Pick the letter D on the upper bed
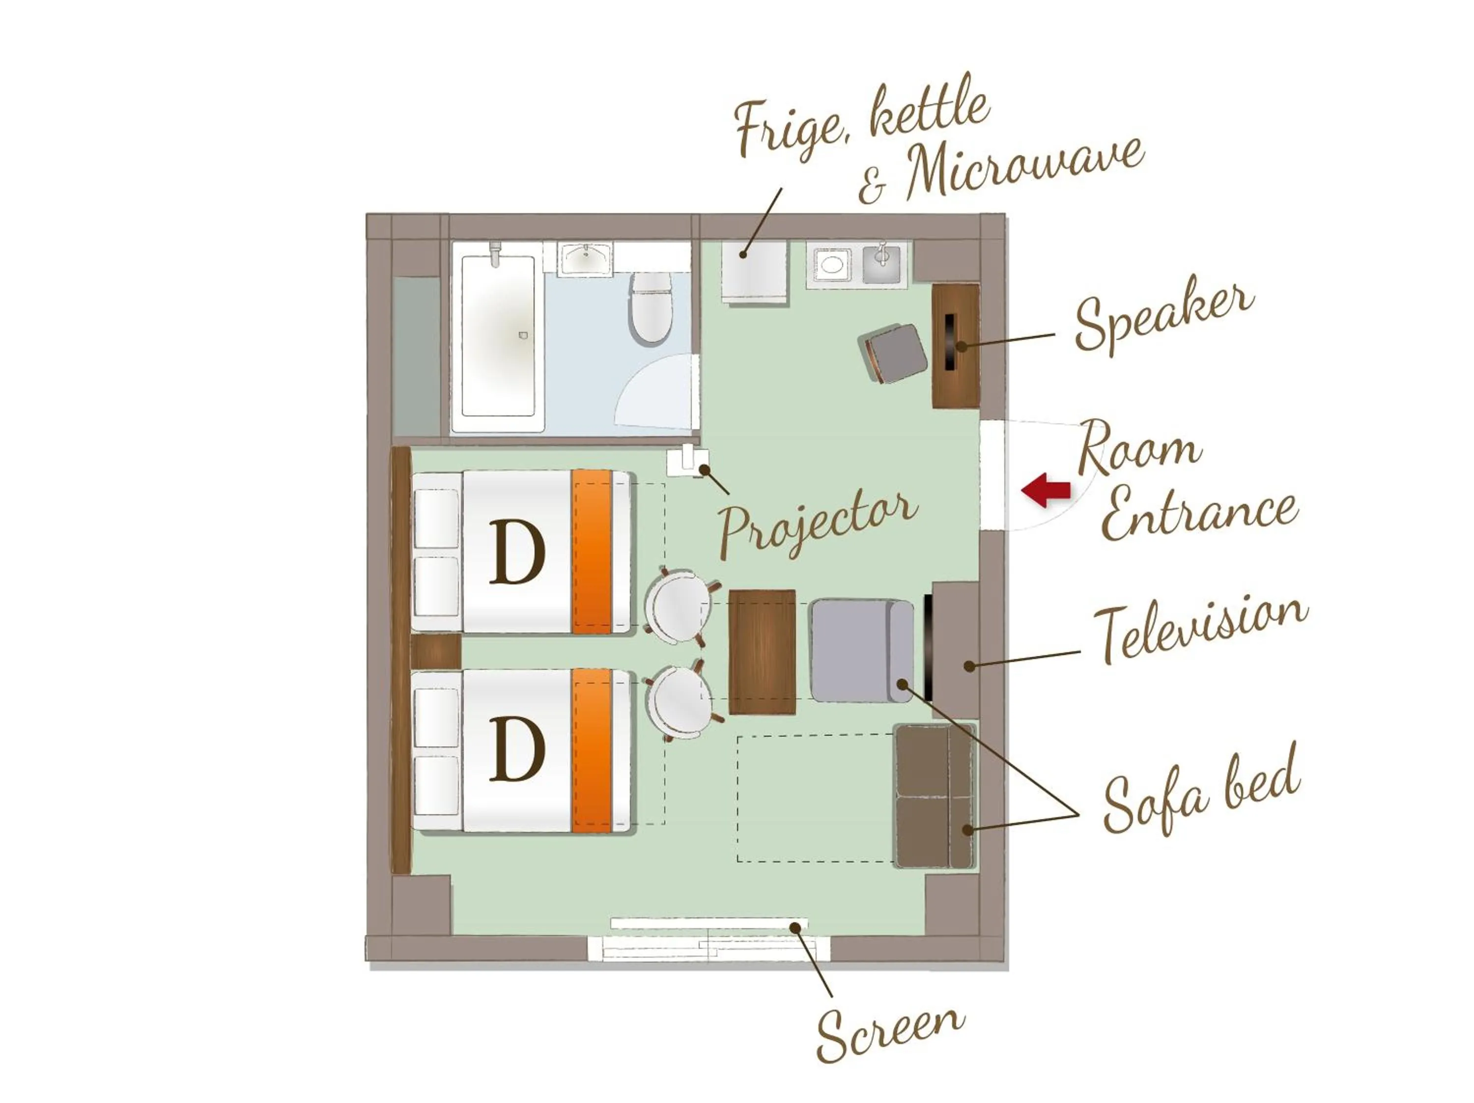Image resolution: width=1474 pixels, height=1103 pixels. tap(517, 552)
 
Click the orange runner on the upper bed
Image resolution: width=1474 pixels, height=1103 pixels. tap(592, 551)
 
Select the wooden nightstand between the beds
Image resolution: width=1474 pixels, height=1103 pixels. tap(436, 651)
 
